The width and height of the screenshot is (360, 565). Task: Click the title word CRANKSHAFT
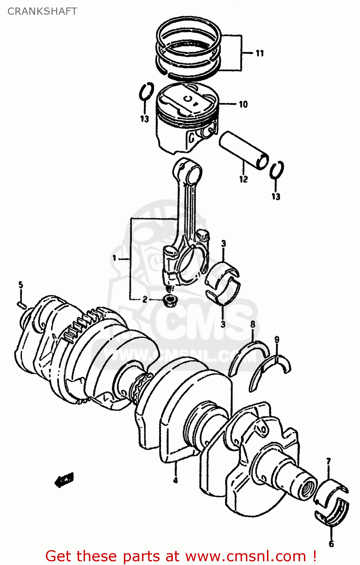[42, 11]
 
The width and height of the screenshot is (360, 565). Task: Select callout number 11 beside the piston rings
[260, 53]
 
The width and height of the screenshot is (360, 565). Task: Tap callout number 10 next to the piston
[243, 104]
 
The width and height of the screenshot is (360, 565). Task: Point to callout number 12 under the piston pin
[244, 179]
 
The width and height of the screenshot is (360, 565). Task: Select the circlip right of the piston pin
[277, 170]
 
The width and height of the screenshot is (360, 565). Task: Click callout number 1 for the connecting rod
[114, 258]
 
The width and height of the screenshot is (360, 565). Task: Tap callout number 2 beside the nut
[145, 300]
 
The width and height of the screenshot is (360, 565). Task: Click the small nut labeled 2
[169, 301]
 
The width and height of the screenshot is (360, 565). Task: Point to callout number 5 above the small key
[21, 285]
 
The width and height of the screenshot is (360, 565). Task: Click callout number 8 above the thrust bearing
[253, 324]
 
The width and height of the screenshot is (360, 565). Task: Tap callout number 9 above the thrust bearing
[277, 340]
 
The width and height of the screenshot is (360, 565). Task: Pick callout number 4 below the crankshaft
[175, 480]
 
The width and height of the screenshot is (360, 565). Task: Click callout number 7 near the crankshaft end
[328, 461]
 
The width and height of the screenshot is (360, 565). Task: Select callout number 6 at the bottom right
[331, 544]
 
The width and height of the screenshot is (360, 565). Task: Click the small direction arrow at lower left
[64, 480]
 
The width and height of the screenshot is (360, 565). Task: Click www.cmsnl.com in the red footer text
[246, 556]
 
